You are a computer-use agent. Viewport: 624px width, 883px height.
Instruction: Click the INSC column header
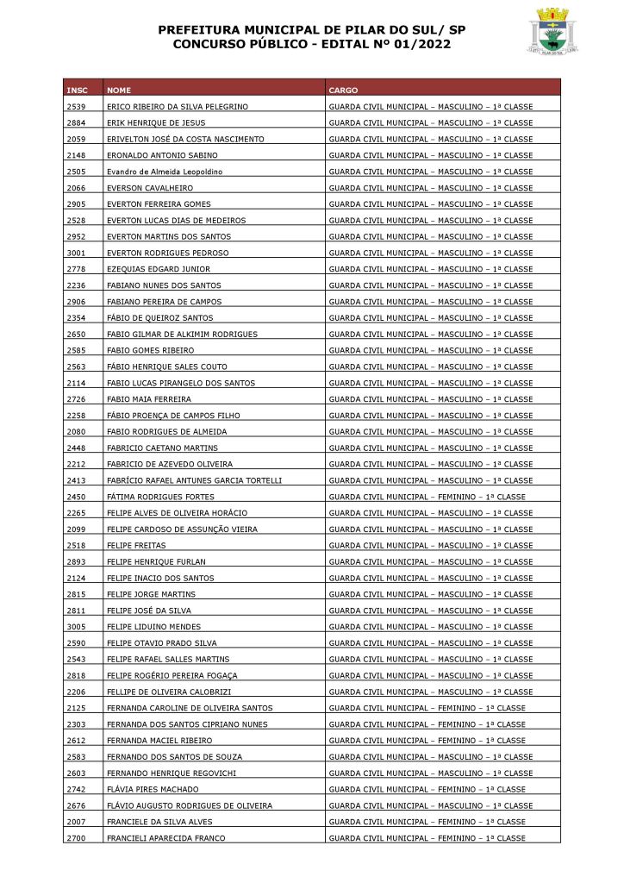click(x=76, y=90)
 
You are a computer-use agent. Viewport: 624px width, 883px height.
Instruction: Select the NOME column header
click(x=119, y=90)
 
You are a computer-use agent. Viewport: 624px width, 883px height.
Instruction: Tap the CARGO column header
click(x=343, y=90)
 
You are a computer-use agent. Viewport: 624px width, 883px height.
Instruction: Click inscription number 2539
click(x=76, y=106)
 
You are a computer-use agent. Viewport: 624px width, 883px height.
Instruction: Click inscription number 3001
click(x=76, y=253)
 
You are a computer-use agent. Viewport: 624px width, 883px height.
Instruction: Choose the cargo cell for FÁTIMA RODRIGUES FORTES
click(x=427, y=497)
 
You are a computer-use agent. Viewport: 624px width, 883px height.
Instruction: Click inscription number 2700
click(x=76, y=838)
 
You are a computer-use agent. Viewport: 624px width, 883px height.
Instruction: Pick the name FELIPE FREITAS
click(x=136, y=546)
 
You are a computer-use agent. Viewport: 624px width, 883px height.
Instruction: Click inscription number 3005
click(x=76, y=627)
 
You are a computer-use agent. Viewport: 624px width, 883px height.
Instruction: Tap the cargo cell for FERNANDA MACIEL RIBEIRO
click(x=427, y=741)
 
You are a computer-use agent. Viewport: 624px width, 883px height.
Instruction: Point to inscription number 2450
click(x=76, y=497)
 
